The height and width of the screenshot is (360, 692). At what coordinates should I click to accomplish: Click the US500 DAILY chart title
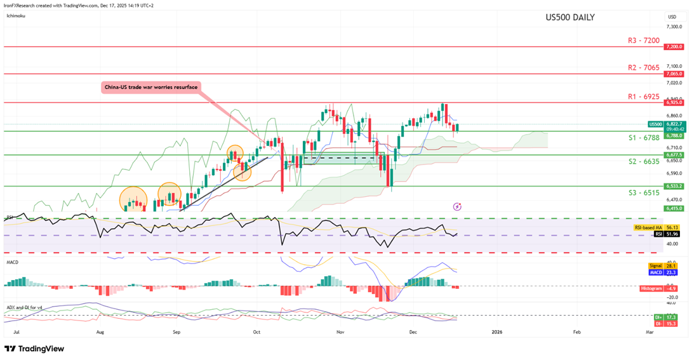pos(570,17)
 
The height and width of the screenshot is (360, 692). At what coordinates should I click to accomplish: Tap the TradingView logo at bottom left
pos(34,349)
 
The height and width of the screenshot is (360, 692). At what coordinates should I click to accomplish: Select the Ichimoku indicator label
pos(15,16)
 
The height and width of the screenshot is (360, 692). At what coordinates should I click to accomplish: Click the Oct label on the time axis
pos(256,331)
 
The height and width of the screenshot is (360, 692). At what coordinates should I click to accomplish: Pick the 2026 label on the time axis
pos(497,331)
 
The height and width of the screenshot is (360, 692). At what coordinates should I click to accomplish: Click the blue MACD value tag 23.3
pos(664,272)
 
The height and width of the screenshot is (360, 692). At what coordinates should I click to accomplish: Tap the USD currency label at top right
pos(672,17)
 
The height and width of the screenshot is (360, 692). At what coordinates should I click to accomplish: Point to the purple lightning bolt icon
pos(458,206)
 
